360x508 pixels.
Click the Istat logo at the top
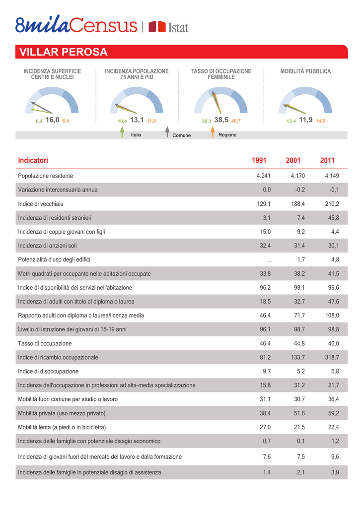(x=168, y=27)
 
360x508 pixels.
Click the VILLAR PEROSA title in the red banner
(x=63, y=52)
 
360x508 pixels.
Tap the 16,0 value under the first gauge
(x=52, y=120)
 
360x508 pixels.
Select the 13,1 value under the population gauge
(x=137, y=120)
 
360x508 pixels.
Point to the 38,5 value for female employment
(x=221, y=120)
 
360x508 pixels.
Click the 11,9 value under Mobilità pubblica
(x=305, y=120)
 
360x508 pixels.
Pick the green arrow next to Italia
(x=122, y=131)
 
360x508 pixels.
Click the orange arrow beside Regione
(x=213, y=131)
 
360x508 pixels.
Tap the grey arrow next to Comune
(x=167, y=131)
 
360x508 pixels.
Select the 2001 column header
(x=293, y=160)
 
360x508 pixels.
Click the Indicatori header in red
(x=33, y=160)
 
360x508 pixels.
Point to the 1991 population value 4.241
(x=263, y=176)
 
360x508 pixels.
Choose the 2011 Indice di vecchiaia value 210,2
(x=332, y=204)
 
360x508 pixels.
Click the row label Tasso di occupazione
(x=45, y=343)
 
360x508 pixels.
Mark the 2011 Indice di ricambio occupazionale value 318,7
(x=332, y=357)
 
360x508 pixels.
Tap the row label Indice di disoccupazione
(x=48, y=371)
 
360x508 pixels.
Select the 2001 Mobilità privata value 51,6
(x=299, y=413)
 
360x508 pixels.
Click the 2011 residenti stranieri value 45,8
(x=333, y=218)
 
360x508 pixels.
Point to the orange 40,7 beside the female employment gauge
(x=236, y=121)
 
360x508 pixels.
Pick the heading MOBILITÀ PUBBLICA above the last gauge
(x=305, y=71)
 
